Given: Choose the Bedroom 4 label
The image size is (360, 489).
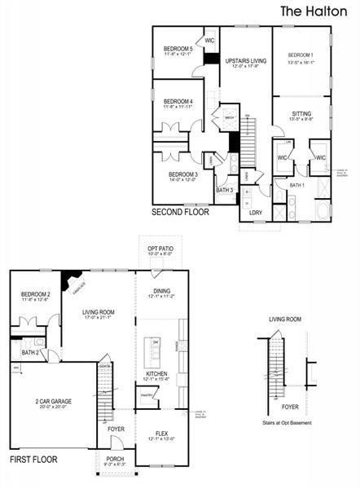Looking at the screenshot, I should pyautogui.click(x=178, y=103).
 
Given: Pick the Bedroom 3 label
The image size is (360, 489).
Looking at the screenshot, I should pyautogui.click(x=183, y=174).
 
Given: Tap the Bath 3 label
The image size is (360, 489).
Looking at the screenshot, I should pyautogui.click(x=225, y=191).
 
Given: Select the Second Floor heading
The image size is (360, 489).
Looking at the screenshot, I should pyautogui.click(x=180, y=212).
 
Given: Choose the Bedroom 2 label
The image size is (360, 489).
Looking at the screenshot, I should pyautogui.click(x=37, y=295).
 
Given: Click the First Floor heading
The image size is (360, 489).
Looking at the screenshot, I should pyautogui.click(x=34, y=460).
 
